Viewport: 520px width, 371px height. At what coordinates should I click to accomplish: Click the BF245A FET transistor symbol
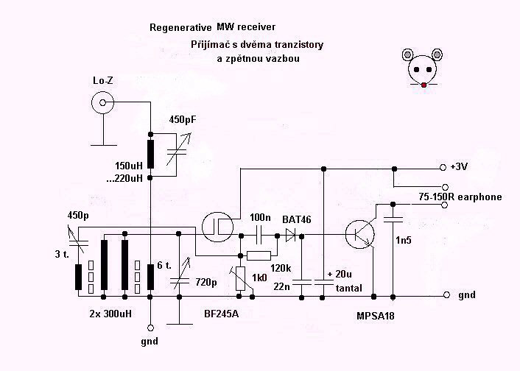click(x=217, y=227)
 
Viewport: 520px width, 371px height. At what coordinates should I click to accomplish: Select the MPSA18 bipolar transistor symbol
click(x=360, y=234)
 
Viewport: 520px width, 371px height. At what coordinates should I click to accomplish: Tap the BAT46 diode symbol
click(x=291, y=236)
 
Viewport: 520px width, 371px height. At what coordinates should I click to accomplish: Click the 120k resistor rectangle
click(x=259, y=255)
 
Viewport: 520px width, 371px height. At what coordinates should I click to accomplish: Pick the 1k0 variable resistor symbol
click(x=241, y=278)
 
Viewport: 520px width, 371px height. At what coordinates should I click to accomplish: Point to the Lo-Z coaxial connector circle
click(x=103, y=102)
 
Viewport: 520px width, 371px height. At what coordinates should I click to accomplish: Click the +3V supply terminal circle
click(x=443, y=168)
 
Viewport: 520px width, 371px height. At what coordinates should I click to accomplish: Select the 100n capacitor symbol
click(x=259, y=236)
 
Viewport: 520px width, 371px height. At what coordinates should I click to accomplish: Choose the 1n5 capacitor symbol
click(x=393, y=219)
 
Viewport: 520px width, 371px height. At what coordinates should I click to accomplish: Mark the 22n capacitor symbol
click(x=301, y=283)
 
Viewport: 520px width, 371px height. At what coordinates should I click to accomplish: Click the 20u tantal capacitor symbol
click(x=323, y=283)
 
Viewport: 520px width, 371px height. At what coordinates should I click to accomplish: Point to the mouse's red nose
click(x=424, y=85)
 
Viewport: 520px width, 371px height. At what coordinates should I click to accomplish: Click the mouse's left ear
click(x=407, y=54)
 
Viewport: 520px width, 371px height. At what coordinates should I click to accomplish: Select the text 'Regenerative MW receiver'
click(x=212, y=26)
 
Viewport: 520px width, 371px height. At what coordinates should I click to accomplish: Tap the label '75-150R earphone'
click(x=460, y=197)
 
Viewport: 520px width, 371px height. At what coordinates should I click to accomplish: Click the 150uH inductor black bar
click(x=150, y=154)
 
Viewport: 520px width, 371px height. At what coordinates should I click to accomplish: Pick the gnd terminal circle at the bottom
click(x=150, y=328)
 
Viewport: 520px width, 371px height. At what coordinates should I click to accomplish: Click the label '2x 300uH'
click(x=110, y=314)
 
